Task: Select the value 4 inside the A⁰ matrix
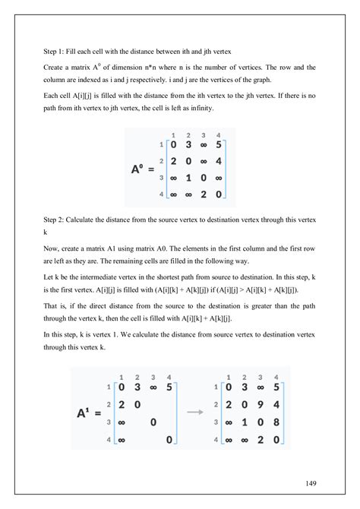[219, 160]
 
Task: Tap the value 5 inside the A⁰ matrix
[219, 144]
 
